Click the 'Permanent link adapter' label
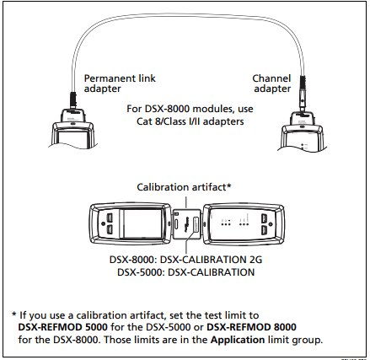120,83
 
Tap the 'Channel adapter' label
271,83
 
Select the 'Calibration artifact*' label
184,187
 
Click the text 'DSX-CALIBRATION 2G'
211,260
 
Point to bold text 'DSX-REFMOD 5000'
62,327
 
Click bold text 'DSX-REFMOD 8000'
251,327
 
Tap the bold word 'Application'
238,340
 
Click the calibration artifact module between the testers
187,224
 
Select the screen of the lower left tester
142,224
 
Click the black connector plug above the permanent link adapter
72,100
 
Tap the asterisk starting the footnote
14,314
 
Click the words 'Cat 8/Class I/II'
168,121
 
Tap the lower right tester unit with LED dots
244,224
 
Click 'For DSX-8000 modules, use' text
190,109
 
